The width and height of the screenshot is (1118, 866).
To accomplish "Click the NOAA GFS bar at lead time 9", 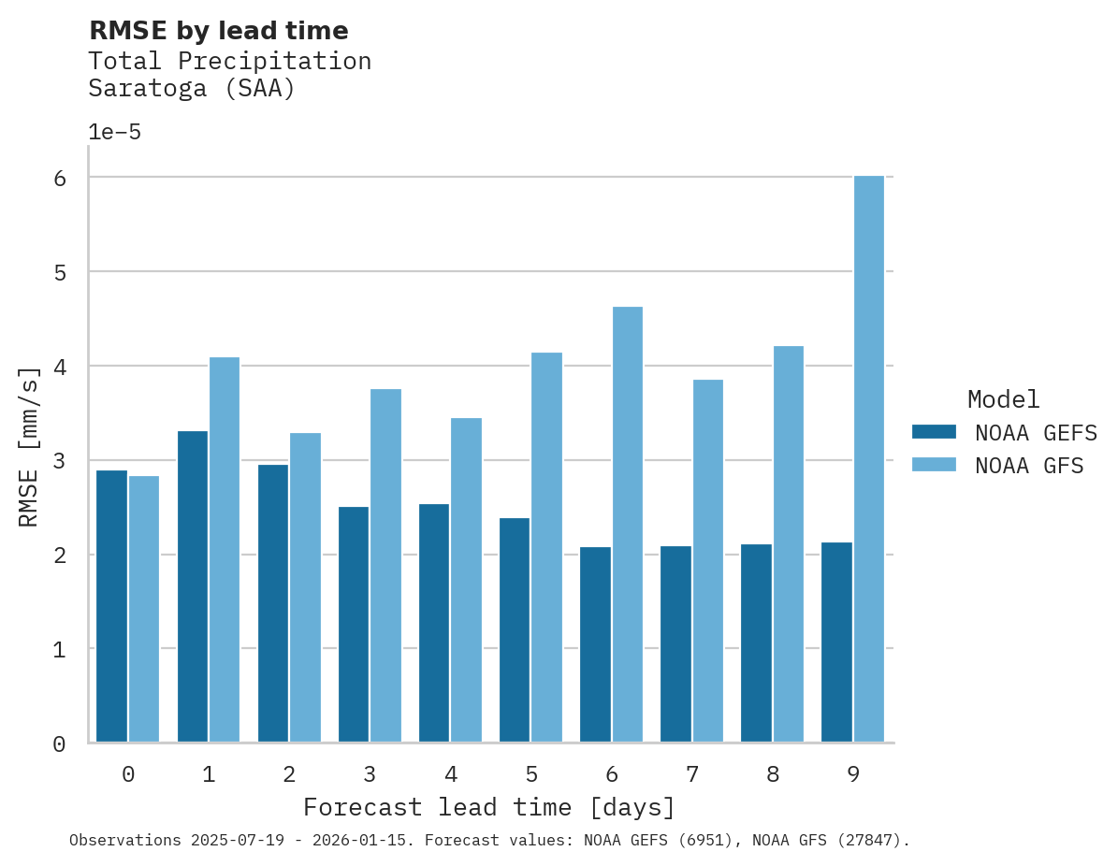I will pos(869,458).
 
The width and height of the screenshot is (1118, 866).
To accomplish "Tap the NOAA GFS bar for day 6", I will pos(628,524).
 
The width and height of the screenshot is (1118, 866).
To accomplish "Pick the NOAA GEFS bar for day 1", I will pos(192,586).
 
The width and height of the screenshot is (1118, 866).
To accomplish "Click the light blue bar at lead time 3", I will pos(385,565).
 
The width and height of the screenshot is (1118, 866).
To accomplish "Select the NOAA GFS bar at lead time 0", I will pos(144,609).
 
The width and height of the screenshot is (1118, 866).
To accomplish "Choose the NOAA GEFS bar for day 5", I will pos(515,629).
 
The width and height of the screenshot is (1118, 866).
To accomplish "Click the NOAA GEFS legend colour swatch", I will pos(934,431).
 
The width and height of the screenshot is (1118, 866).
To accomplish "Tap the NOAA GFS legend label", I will pos(1029,465).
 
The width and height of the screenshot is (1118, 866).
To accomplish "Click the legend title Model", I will pos(1003,399).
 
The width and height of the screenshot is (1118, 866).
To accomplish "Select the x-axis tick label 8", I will pos(773,773).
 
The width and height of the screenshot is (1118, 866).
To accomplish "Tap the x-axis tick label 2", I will pos(289,773).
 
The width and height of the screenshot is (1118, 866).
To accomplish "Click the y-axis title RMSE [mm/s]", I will pos(30,446).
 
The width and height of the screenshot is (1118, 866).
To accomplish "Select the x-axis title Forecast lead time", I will pos(488,806).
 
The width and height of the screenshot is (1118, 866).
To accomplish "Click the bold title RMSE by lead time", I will pos(218,31).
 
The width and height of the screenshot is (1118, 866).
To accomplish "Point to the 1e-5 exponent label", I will pos(114,132).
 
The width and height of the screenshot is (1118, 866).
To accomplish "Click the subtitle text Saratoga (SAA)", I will pos(192,89).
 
